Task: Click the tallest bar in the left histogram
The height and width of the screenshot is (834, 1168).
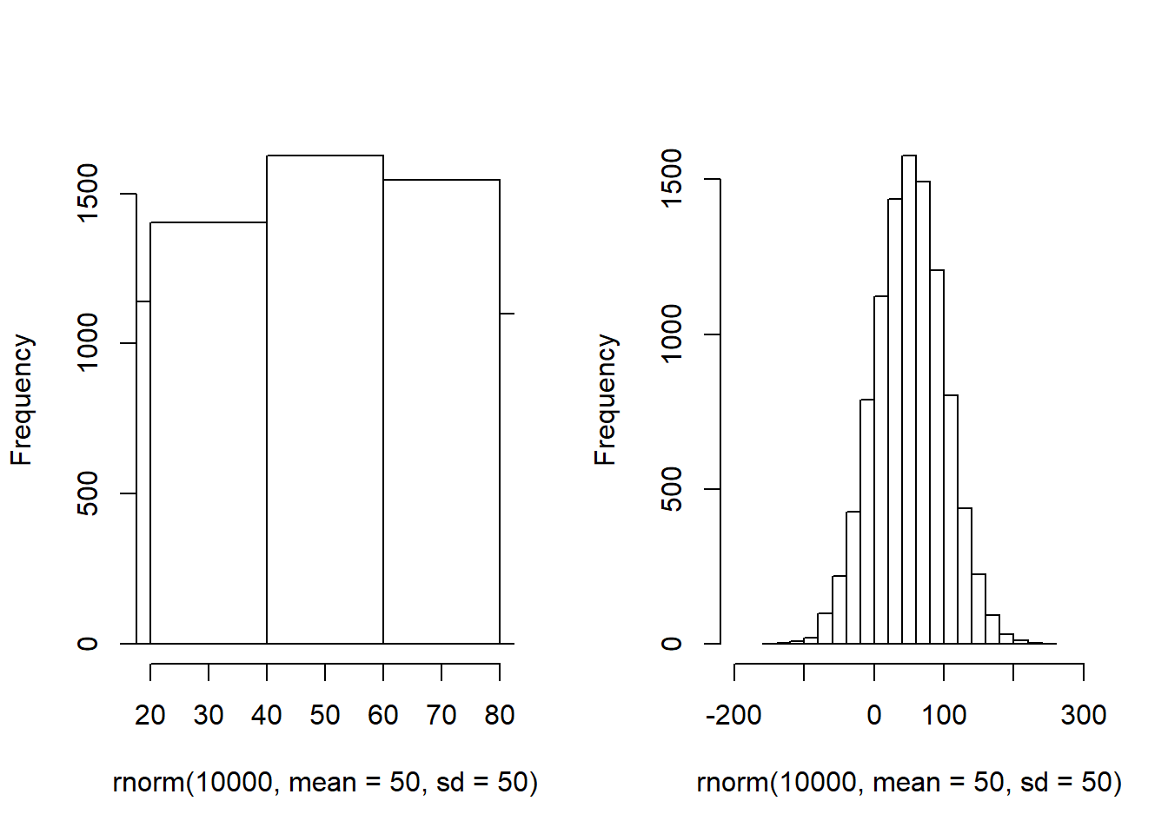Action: click(325, 400)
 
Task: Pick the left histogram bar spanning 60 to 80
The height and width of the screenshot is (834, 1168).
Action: click(441, 412)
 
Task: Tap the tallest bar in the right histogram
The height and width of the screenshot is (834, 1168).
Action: click(909, 400)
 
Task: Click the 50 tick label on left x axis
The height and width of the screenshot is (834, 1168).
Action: click(325, 715)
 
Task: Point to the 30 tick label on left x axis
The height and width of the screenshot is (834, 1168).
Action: click(209, 715)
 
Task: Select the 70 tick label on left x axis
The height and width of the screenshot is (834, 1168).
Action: click(441, 715)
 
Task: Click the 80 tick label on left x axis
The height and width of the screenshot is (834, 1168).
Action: click(500, 715)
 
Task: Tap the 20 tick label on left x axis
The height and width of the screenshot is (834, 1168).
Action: click(150, 715)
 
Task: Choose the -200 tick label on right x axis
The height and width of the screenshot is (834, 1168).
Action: click(734, 715)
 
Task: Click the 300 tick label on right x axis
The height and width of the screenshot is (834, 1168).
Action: click(1084, 715)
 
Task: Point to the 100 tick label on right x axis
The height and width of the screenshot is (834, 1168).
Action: click(944, 715)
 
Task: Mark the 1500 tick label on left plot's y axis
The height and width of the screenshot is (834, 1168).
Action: click(89, 194)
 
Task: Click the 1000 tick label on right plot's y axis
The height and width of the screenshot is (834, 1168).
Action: click(673, 334)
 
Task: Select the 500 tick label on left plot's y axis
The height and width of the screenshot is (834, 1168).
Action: click(89, 493)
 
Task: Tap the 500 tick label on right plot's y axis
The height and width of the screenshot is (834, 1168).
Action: click(673, 489)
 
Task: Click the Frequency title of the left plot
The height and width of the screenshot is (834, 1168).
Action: click(22, 400)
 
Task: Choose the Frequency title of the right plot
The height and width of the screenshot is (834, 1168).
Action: click(606, 400)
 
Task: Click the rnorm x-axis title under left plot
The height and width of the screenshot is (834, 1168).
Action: click(325, 783)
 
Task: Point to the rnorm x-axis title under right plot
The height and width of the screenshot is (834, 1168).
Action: click(909, 783)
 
